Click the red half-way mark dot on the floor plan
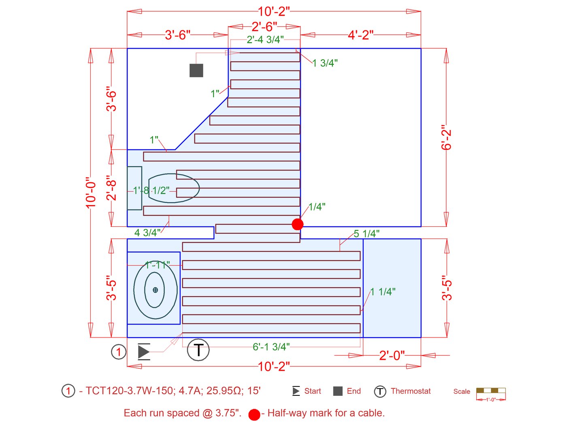(x=297, y=224)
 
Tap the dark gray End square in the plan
(x=196, y=70)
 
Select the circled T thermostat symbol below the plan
(x=198, y=350)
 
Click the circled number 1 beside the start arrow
(x=119, y=352)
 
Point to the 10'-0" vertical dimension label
(x=91, y=192)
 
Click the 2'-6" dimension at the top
(x=264, y=27)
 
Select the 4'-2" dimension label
(x=360, y=35)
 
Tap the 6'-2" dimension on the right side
(x=446, y=137)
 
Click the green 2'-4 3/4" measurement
(x=265, y=40)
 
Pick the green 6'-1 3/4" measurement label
(x=271, y=347)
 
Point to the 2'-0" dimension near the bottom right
(x=392, y=355)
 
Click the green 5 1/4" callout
(x=367, y=234)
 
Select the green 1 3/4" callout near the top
(x=325, y=63)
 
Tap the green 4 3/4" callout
(x=147, y=233)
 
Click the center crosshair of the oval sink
(x=155, y=290)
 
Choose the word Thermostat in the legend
(x=411, y=391)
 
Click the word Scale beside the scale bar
(x=462, y=391)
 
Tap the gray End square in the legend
(x=338, y=391)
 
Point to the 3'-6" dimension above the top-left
(x=177, y=35)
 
